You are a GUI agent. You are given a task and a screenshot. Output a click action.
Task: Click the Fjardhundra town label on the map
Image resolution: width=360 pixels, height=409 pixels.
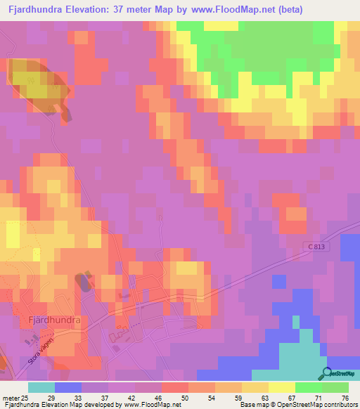coord(54,320)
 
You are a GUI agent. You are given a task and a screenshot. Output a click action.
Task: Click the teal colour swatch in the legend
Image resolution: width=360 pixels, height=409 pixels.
coord(41,387)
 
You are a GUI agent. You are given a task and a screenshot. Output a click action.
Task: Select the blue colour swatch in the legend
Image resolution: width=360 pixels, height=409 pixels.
coord(68,387)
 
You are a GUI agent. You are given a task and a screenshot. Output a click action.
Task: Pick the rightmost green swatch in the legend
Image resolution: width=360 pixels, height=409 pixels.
coord(335,387)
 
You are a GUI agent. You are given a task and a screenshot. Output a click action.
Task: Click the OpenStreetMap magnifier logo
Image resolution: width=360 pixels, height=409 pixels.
coord(325,373)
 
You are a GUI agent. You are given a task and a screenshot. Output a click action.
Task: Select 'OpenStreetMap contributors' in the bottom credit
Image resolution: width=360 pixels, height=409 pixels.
coord(316,405)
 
